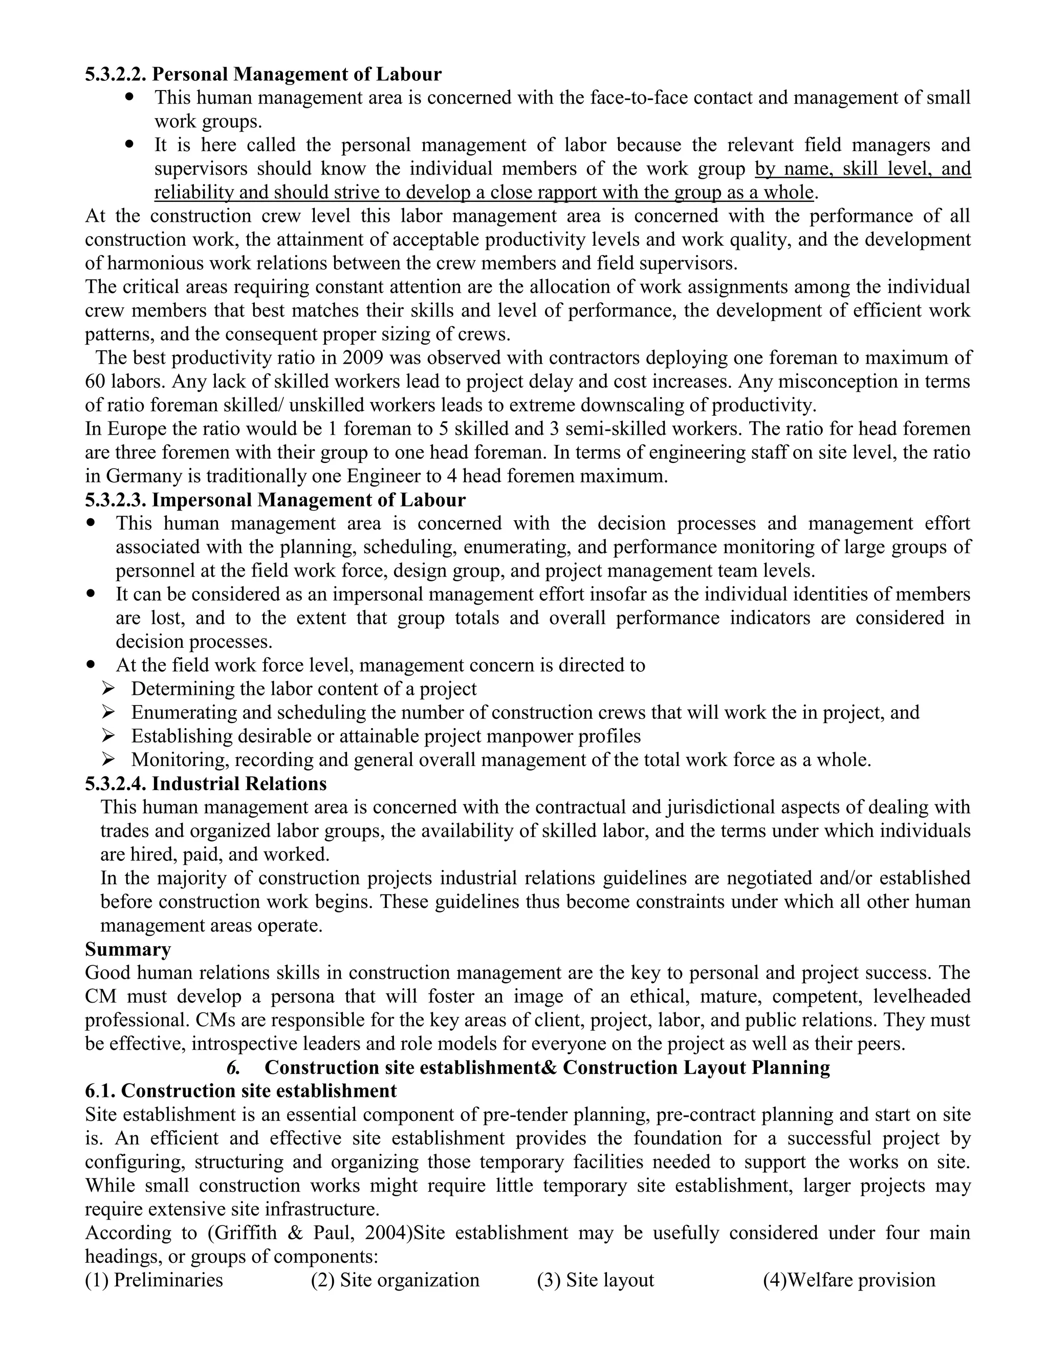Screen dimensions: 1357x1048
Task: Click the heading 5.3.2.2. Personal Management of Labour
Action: click(263, 75)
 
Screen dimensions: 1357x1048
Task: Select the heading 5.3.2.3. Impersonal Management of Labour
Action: click(275, 500)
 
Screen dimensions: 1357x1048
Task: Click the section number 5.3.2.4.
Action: click(116, 784)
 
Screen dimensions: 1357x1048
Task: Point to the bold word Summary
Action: click(128, 949)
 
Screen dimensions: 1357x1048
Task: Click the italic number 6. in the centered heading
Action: click(233, 1068)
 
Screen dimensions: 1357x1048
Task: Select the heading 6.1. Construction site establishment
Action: click(241, 1091)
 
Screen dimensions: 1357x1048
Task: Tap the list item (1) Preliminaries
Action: click(154, 1281)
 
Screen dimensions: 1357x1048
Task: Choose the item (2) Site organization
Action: click(395, 1281)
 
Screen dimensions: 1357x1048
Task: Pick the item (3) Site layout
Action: click(596, 1281)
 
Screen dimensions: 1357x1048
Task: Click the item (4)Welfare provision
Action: click(849, 1281)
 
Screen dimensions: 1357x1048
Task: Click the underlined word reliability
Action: click(194, 193)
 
